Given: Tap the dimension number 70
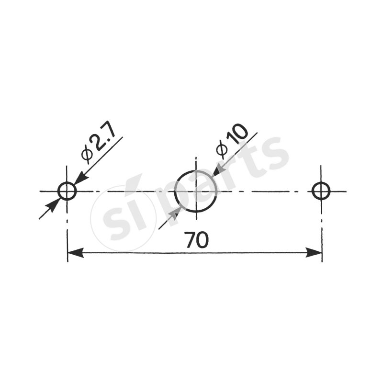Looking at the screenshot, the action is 196,240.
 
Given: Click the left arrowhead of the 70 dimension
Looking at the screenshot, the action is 75,253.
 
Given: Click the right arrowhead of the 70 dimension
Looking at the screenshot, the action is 314,253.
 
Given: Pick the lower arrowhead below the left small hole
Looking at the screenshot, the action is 53,206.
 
